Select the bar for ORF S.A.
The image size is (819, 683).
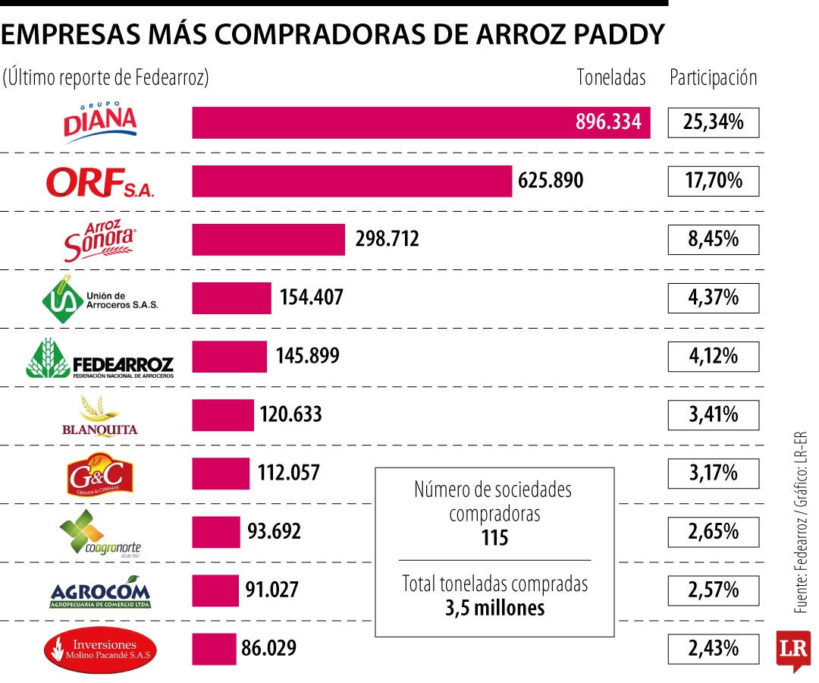(352, 181)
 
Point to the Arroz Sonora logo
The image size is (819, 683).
(99, 240)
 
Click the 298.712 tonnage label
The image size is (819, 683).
(387, 240)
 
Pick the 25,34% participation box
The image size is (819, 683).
(713, 122)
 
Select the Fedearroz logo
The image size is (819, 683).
(99, 358)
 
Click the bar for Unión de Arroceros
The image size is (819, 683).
(231, 297)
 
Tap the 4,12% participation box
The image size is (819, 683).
(713, 356)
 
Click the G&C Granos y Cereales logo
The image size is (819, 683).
(99, 474)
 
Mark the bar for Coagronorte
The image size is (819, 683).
(215, 532)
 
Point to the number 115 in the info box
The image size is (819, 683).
(494, 538)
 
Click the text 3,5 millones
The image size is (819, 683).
(494, 608)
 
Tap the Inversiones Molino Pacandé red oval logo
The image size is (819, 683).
(99, 650)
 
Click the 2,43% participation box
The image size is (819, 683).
(713, 648)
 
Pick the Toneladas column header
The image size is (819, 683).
(611, 77)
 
